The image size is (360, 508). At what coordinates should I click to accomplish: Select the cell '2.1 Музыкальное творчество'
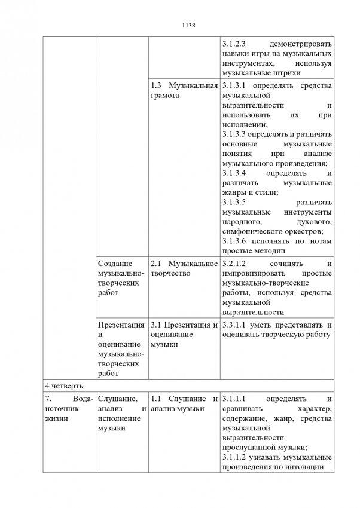tap(183, 268)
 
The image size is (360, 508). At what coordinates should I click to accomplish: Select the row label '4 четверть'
tap(62, 383)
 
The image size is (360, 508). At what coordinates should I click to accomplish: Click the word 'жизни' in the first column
tap(59, 418)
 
